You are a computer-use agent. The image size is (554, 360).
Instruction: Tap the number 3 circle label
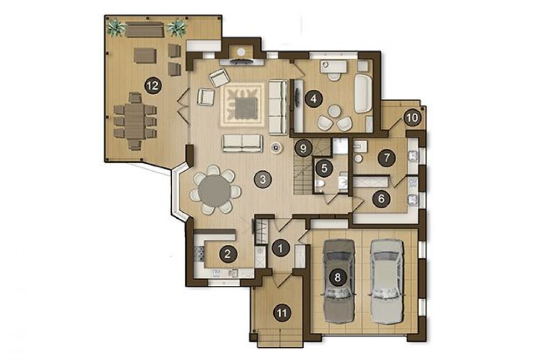coord(263,179)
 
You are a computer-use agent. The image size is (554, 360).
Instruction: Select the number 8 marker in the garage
coord(337,277)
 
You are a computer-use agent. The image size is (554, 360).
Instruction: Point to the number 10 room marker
coord(412,117)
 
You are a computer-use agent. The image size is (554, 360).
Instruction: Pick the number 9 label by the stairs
coord(303,148)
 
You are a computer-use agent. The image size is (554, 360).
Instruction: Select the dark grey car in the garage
coord(339,281)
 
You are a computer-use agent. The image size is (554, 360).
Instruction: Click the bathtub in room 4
coord(363,93)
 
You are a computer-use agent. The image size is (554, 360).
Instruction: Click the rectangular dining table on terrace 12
coord(135,121)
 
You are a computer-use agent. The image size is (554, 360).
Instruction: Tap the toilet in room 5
coord(319,184)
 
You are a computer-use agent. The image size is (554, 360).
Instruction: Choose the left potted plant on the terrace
coord(116,28)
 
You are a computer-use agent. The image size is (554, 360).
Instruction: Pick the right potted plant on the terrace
coord(177,28)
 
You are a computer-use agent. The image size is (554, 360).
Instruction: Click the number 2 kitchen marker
coord(228,254)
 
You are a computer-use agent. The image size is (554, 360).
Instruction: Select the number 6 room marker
coord(381,198)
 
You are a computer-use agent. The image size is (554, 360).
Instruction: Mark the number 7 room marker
coord(387,157)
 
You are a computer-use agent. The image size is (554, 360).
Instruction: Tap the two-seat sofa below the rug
coord(243,143)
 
